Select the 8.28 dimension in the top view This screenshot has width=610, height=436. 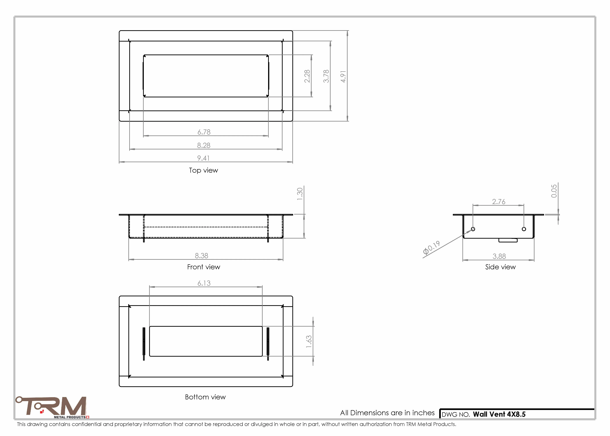pyautogui.click(x=204, y=145)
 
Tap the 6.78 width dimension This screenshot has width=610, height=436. pyautogui.click(x=204, y=132)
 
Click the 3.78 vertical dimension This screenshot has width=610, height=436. pyautogui.click(x=326, y=76)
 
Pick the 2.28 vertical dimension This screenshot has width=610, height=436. pyautogui.click(x=307, y=76)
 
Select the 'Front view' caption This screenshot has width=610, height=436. pyautogui.click(x=204, y=267)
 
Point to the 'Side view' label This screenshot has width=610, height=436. pyautogui.click(x=500, y=267)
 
